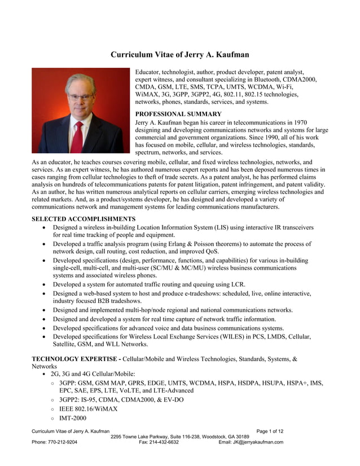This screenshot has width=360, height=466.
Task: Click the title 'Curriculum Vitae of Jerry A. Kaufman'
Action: tap(179, 55)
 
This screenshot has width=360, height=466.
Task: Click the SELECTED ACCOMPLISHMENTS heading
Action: tap(83, 219)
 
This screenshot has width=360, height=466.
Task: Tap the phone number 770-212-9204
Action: tap(63, 442)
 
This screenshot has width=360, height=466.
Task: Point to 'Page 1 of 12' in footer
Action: tap(270, 431)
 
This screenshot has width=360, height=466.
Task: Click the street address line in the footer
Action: tap(179, 437)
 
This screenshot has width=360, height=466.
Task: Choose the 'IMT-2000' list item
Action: tap(73, 418)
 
